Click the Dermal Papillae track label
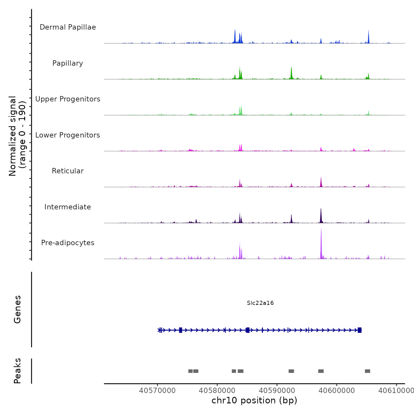68,27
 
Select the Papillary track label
68,63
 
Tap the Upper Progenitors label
68,99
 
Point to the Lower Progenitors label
68,135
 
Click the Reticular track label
68,171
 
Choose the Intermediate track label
68,207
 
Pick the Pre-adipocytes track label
68,243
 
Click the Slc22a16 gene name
260,303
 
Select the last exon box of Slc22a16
360,330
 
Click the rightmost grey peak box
368,371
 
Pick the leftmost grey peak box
190,371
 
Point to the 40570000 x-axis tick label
157,391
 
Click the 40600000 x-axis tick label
337,391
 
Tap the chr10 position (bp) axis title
254,400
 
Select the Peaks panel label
17,371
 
